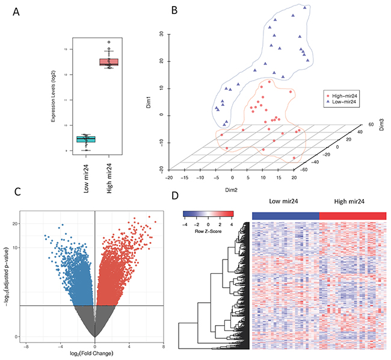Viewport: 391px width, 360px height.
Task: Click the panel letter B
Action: coord(158,10)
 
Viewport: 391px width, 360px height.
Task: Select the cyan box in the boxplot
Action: coord(86,140)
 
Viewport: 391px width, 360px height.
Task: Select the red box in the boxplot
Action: coord(109,62)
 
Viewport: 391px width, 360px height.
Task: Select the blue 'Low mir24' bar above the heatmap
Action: coord(285,216)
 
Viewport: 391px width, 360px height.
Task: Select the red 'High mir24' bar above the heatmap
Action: coord(353,216)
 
